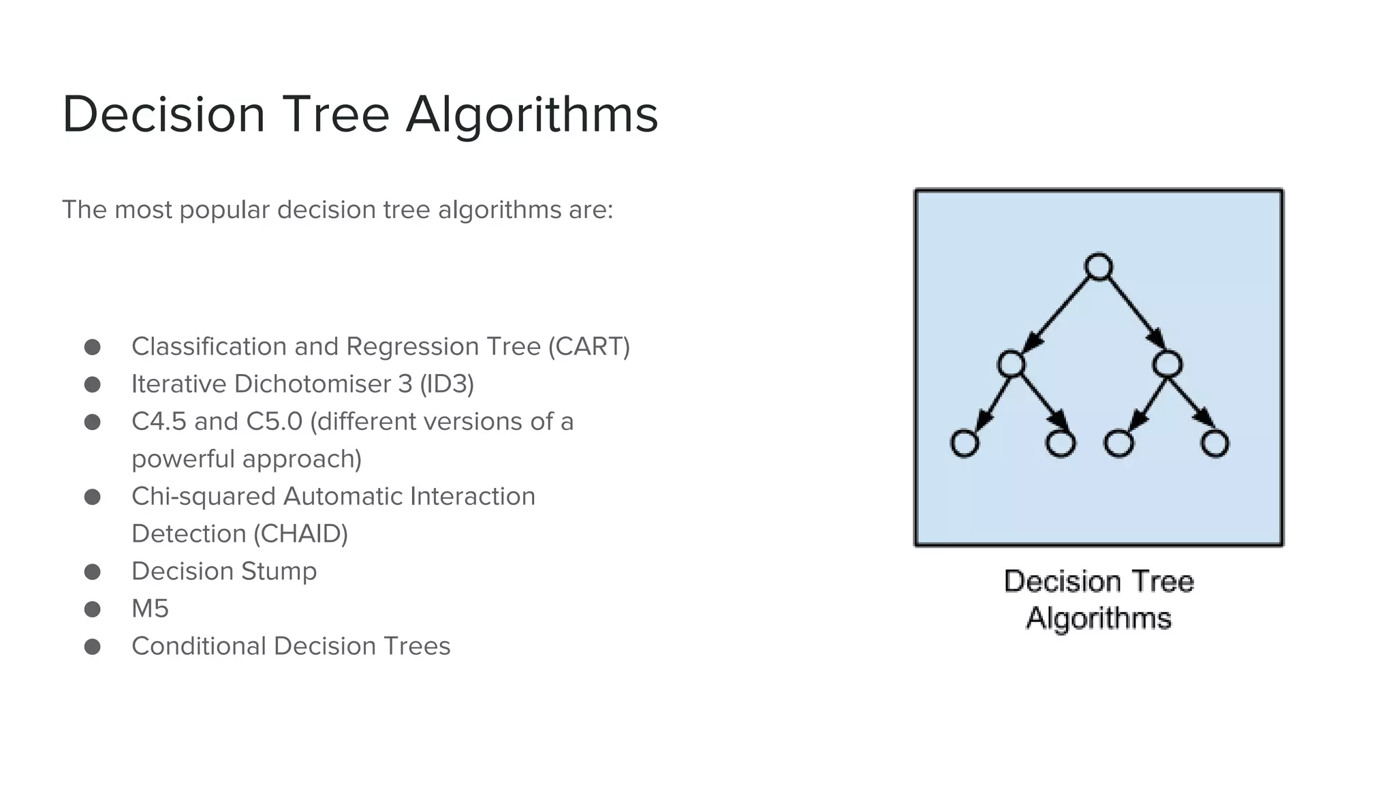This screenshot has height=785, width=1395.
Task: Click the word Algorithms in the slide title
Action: pos(532,114)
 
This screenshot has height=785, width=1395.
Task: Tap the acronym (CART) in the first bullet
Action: pos(589,347)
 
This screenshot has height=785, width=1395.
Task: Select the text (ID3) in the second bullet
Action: pos(447,384)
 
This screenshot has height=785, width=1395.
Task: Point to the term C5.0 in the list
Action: pos(275,422)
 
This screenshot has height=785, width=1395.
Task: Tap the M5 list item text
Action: pos(150,609)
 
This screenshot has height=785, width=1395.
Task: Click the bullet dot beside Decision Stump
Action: pos(93,572)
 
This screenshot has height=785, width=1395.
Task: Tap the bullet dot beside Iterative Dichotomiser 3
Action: pos(93,385)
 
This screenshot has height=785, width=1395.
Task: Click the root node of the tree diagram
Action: pos(1098,267)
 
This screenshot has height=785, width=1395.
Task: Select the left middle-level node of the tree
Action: pos(1011,364)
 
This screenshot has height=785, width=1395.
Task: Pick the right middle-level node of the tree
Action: pos(1167,364)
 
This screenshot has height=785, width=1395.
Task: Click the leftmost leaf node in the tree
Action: pos(964,444)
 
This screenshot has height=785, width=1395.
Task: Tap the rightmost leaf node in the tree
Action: pos(1214,444)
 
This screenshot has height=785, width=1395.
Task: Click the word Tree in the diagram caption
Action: pos(1161,582)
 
